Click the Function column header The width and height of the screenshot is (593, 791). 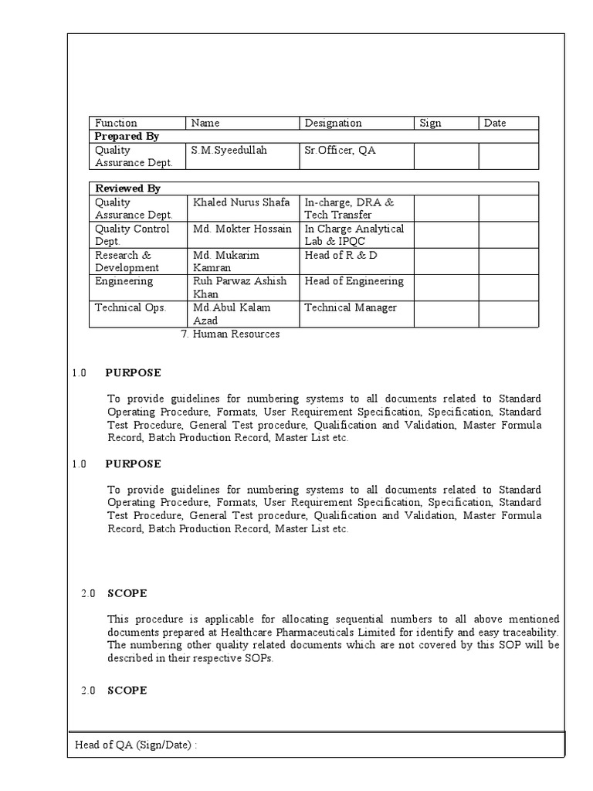coord(116,123)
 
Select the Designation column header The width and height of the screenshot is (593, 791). coord(333,123)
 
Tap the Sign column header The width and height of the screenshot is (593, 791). coord(430,123)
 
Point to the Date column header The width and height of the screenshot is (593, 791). coord(495,123)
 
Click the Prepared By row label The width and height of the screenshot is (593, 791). coord(127,137)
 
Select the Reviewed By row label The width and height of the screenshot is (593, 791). coord(127,188)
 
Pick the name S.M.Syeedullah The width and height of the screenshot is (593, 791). coord(229,151)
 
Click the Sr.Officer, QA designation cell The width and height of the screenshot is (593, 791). coord(340,151)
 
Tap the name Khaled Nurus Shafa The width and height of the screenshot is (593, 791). coord(241,202)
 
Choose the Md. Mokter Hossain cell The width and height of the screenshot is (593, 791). coord(242,229)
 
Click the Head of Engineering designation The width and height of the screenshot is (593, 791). coord(354,281)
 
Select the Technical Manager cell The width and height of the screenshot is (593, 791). coord(351,307)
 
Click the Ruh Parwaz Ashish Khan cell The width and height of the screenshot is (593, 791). coord(239,287)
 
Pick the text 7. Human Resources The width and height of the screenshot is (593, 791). coord(229,334)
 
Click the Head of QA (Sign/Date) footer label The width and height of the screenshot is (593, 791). coord(141,745)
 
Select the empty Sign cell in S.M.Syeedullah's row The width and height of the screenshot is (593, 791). coord(446,156)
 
